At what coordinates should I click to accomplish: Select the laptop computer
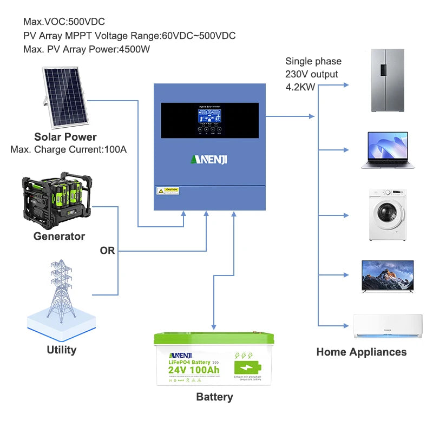(387, 150)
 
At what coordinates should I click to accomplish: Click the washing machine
(388, 214)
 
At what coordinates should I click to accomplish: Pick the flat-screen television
(387, 275)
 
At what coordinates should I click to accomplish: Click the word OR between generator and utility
(107, 251)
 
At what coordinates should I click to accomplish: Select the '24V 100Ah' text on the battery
(193, 370)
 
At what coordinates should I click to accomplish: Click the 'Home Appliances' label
(361, 352)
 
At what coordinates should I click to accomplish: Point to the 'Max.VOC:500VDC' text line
(64, 22)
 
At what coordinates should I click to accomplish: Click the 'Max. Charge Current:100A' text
(69, 149)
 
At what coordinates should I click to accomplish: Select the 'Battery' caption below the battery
(214, 397)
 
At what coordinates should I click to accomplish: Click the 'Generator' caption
(59, 236)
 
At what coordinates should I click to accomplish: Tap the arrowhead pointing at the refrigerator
(347, 86)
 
